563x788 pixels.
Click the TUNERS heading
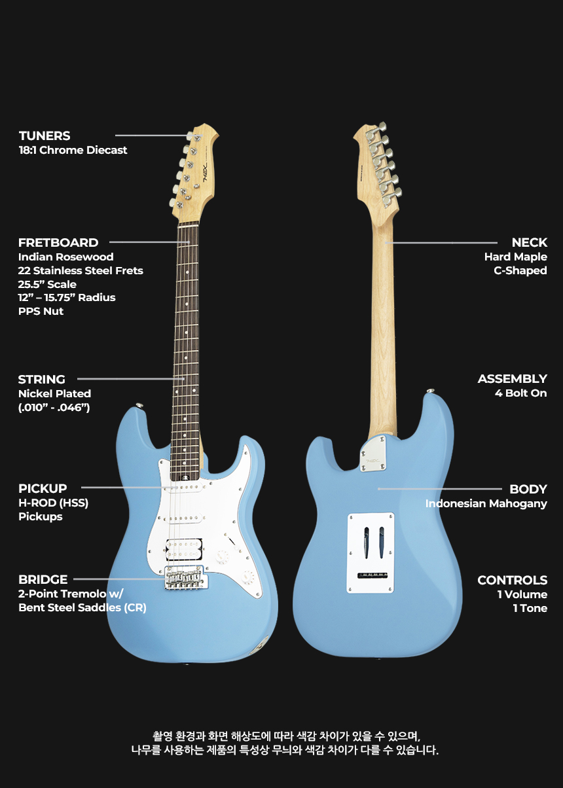[45, 135]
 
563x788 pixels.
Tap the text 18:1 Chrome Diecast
[73, 151]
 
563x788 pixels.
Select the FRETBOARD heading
[58, 242]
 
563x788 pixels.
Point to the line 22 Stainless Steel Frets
[81, 270]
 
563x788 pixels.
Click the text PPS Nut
[41, 312]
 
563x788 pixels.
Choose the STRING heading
[41, 379]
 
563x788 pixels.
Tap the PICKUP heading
[43, 488]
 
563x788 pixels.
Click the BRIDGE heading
[43, 579]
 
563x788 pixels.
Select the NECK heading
[529, 242]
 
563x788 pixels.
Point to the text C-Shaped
[520, 270]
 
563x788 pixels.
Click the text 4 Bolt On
[521, 393]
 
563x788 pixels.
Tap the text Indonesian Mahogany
[486, 504]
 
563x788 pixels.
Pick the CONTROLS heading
[513, 580]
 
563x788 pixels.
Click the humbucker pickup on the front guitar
[184, 549]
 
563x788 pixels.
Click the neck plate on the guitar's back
[372, 454]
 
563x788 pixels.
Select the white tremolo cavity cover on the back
[371, 552]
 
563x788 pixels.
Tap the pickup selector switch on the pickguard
[231, 541]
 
